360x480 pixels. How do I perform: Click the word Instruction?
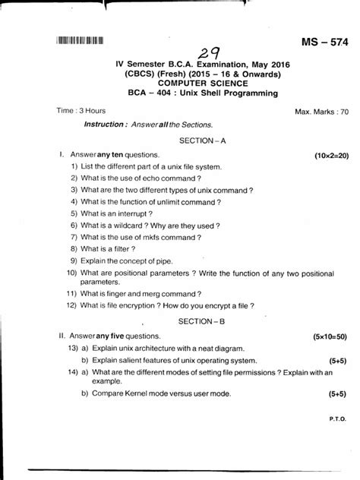pos(110,124)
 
